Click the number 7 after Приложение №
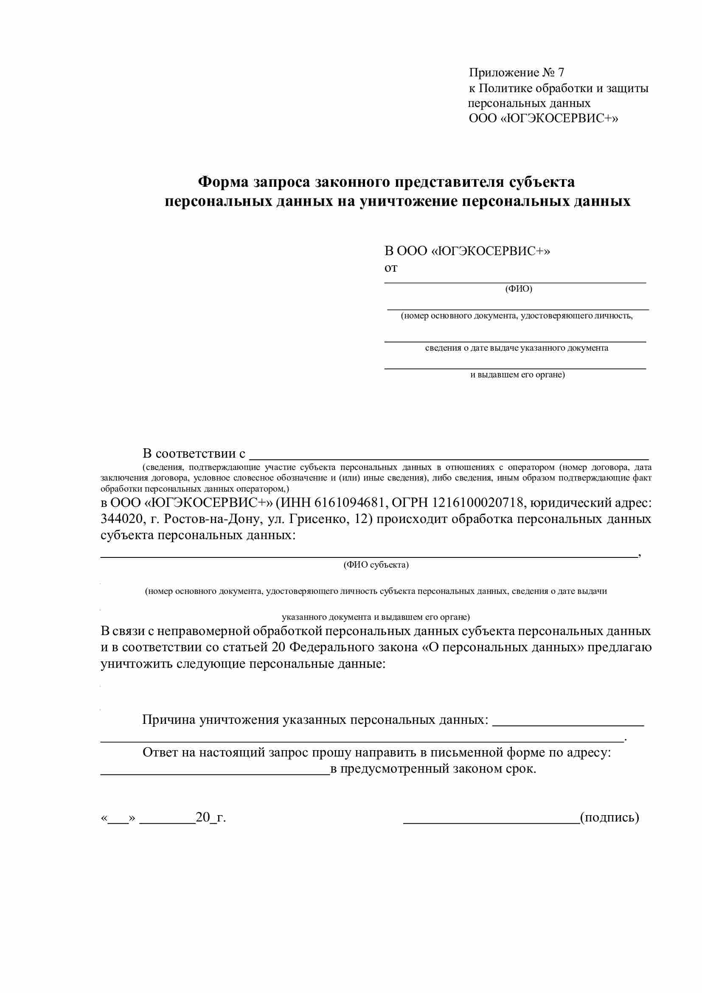(561, 73)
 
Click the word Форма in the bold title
(223, 182)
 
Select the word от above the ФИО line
(391, 268)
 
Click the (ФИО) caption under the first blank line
(518, 289)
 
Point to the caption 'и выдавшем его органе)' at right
(517, 375)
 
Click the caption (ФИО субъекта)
(376, 565)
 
